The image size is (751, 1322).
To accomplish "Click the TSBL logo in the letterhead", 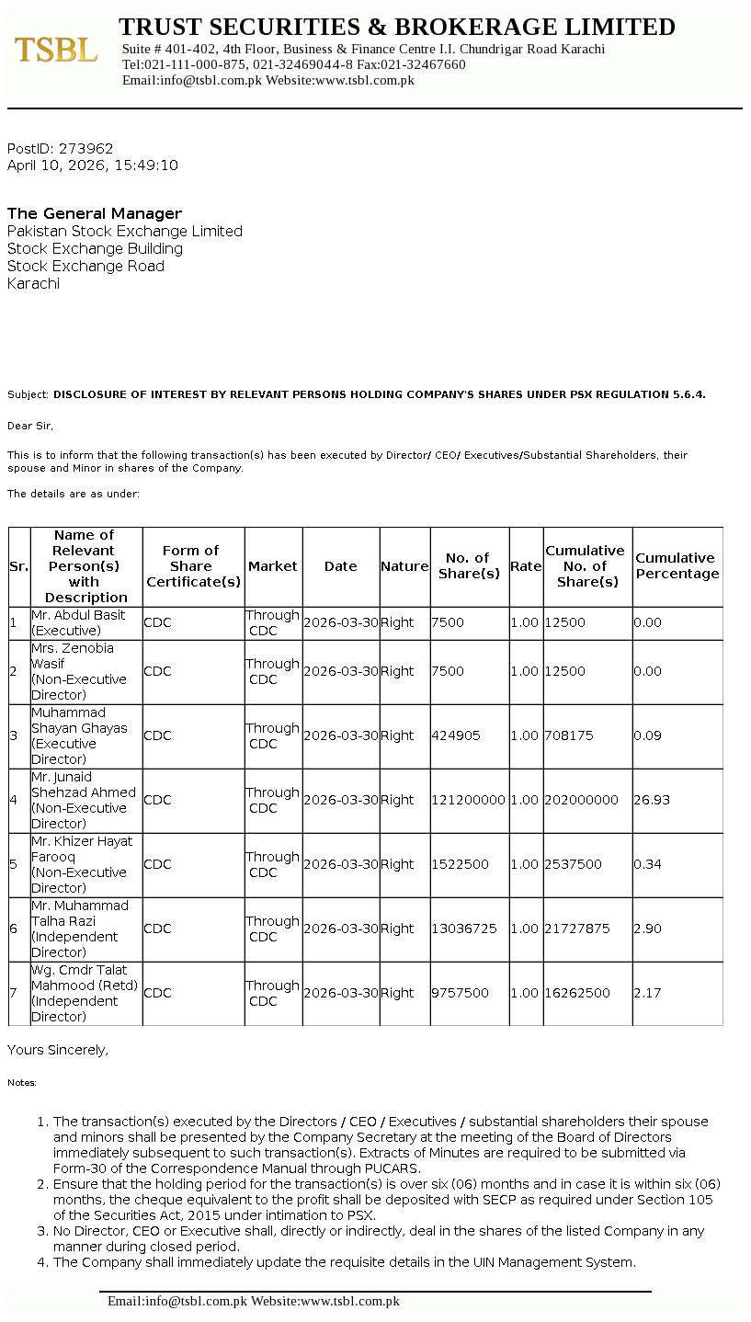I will [x=56, y=50].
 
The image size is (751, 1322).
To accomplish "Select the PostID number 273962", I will [x=85, y=148].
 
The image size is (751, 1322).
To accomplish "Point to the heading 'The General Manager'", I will [x=95, y=213].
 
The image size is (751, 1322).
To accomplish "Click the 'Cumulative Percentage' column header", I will [x=677, y=565].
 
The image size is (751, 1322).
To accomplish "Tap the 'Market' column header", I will [x=273, y=566].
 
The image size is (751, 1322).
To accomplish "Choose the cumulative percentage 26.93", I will [x=652, y=800].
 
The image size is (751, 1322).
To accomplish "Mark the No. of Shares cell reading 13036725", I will [x=464, y=929].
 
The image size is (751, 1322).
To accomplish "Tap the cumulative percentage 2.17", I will [x=647, y=993].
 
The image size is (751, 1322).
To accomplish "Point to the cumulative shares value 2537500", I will [x=574, y=864].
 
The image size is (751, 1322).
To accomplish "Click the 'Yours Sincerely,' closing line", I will [x=58, y=1050].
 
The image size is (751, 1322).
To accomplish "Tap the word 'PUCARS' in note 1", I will [x=404, y=1168].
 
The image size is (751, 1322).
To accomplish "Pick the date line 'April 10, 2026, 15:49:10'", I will [x=93, y=165].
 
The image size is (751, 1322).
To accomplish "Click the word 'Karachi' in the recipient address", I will [x=33, y=283].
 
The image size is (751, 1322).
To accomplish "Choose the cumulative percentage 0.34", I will [x=647, y=864].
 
